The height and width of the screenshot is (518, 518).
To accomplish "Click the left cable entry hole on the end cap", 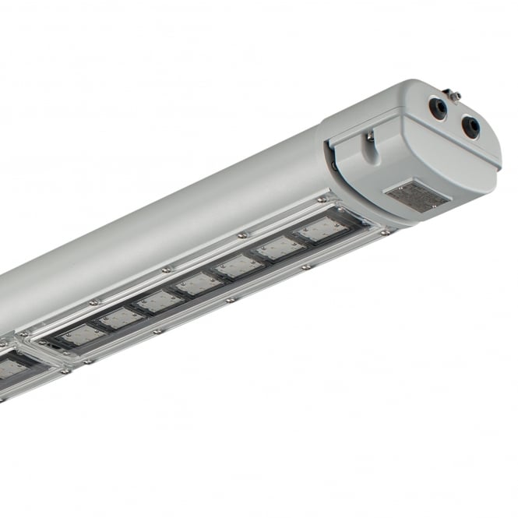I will click(x=439, y=108).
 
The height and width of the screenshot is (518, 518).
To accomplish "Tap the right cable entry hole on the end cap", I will click(x=470, y=126).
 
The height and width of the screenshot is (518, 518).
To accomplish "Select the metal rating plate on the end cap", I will click(x=418, y=196).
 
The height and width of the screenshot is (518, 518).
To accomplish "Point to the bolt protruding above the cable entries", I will click(x=454, y=95).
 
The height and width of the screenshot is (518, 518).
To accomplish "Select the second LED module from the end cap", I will click(x=280, y=248).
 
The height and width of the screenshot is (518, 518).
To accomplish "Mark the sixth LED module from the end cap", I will click(x=119, y=318).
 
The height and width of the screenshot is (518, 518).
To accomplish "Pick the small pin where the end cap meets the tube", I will click(x=334, y=164).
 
